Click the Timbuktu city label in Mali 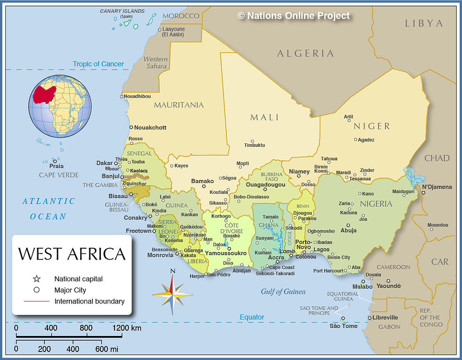click(x=255, y=145)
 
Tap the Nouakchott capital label click(x=150, y=127)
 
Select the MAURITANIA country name click(x=179, y=105)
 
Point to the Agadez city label click(x=366, y=140)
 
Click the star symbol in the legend click(x=36, y=279)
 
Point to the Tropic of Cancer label click(x=98, y=64)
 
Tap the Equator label click(x=252, y=317)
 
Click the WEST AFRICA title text click(x=72, y=254)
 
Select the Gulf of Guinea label click(x=283, y=292)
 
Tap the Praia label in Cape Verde click(x=56, y=166)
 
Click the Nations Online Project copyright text click(x=294, y=16)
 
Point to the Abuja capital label click(x=348, y=231)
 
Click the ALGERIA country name click(x=305, y=53)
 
